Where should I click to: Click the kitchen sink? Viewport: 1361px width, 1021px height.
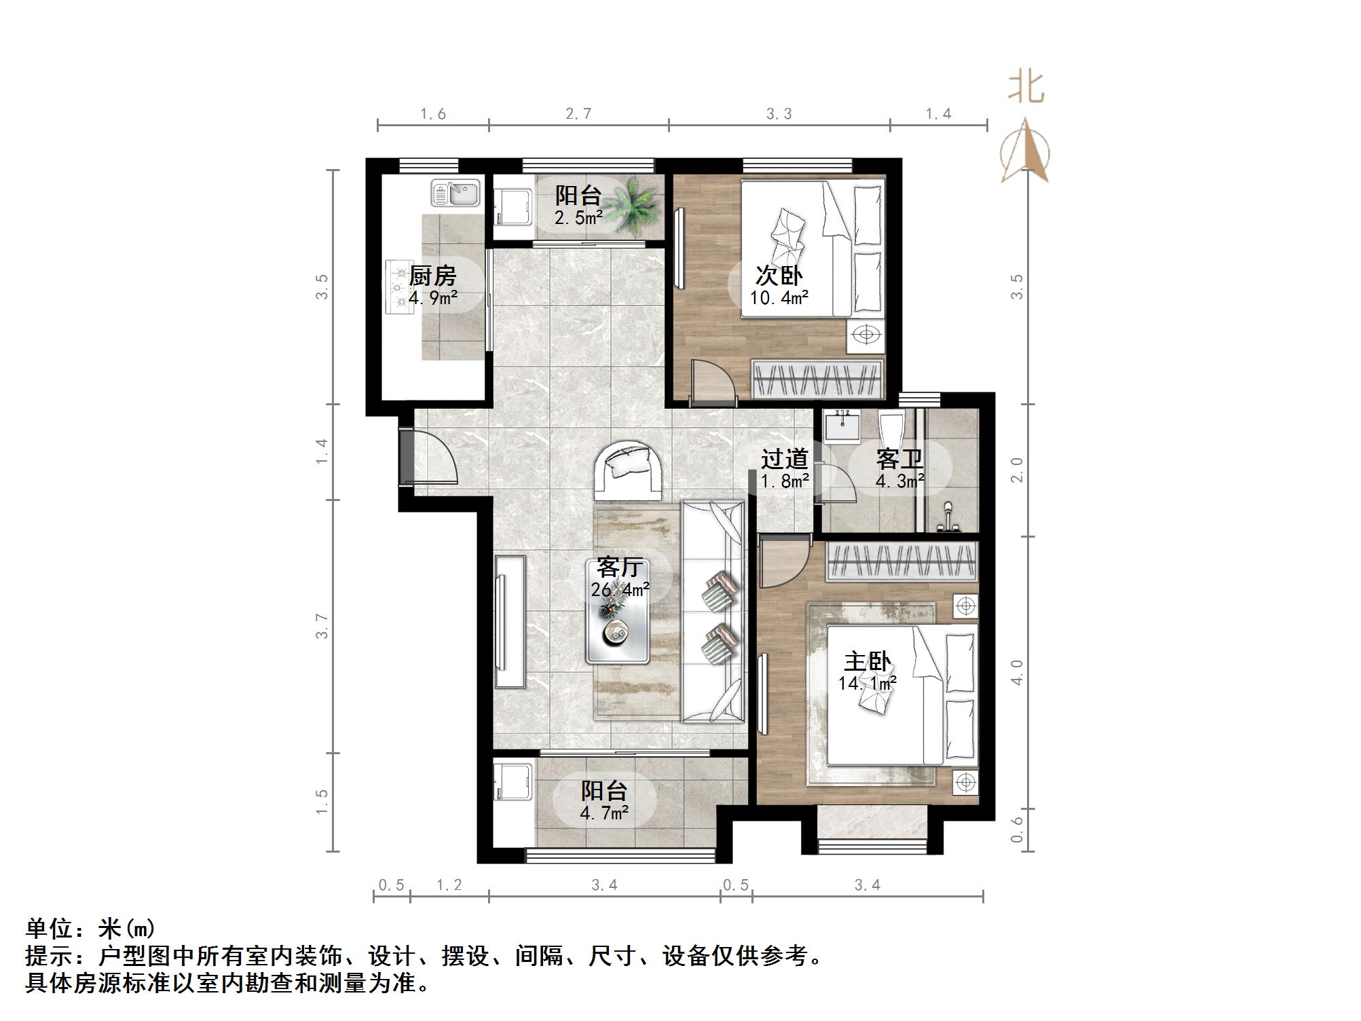pyautogui.click(x=455, y=193)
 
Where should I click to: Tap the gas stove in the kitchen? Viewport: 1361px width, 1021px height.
pyautogui.click(x=399, y=287)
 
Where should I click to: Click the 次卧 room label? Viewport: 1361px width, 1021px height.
pyautogui.click(x=779, y=276)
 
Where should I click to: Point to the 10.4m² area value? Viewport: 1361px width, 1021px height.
pyautogui.click(x=779, y=297)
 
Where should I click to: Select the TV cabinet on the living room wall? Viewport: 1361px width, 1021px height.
pyautogui.click(x=510, y=622)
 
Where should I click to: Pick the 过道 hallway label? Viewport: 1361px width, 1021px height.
pyautogui.click(x=784, y=459)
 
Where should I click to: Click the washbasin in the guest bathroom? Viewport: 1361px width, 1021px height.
pyautogui.click(x=842, y=426)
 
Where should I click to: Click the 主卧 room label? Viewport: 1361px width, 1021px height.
pyautogui.click(x=867, y=661)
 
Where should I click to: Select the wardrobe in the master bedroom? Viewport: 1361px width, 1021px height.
pyautogui.click(x=901, y=562)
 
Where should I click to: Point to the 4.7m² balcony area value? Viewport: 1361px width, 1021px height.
pyautogui.click(x=603, y=812)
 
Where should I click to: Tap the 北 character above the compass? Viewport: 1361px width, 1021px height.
pyautogui.click(x=1025, y=89)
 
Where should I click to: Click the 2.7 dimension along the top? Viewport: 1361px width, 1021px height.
pyautogui.click(x=578, y=114)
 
